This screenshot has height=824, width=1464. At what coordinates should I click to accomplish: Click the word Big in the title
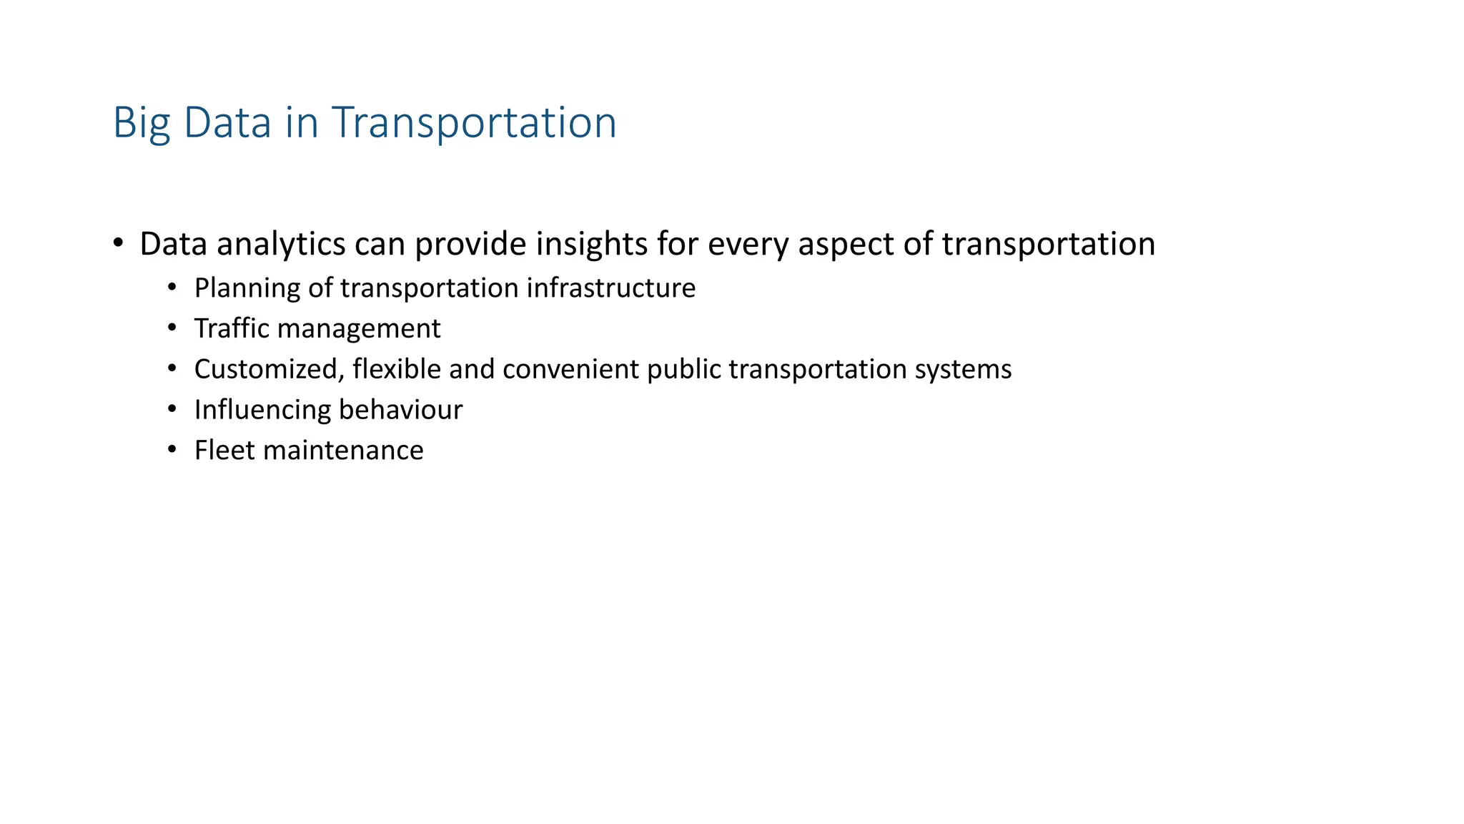click(x=142, y=123)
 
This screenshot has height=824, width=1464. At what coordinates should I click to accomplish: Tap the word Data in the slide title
click(x=227, y=123)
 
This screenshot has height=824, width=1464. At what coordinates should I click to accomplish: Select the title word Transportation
click(x=473, y=123)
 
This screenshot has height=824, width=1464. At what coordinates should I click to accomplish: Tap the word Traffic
click(x=232, y=329)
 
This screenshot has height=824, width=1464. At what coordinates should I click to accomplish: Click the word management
click(x=359, y=329)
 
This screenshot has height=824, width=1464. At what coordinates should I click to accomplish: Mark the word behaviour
click(x=400, y=411)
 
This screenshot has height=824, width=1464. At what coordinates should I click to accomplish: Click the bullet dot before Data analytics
click(x=119, y=243)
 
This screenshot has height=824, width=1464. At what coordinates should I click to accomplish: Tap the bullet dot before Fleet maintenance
click(x=172, y=450)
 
